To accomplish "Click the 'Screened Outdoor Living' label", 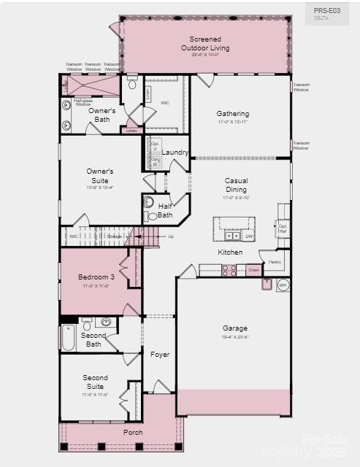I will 205,44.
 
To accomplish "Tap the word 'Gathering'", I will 232,114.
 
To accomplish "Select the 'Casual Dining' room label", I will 236,185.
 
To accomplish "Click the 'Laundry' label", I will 175,153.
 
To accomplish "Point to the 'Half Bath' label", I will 165,211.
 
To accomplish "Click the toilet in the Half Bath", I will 150,202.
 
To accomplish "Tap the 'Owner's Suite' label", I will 100,175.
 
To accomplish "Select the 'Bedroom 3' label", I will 96,277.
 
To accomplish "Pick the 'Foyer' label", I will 160,355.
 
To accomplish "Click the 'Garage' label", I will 234,328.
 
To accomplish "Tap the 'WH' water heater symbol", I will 283,285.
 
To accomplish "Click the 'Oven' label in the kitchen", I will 253,270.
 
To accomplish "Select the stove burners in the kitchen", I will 229,270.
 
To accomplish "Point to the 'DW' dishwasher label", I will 248,236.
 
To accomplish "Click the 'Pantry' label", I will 275,261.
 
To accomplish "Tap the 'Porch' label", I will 133,432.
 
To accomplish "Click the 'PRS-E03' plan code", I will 326,11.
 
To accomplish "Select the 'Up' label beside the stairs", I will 171,236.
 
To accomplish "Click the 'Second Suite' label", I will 95,382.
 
